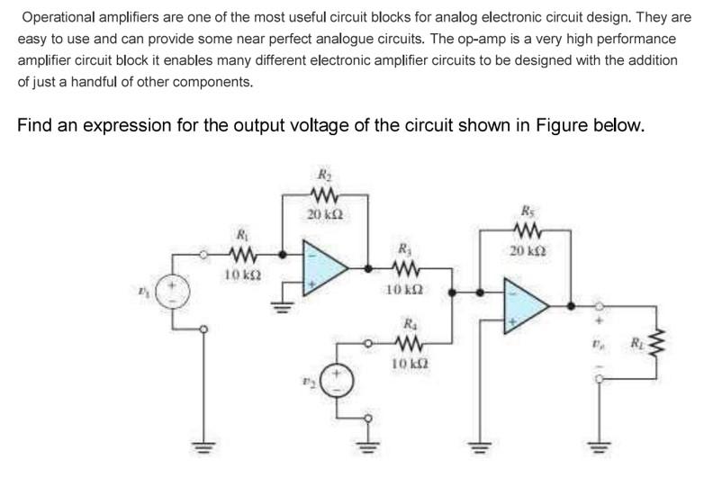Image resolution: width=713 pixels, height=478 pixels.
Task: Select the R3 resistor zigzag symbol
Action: (402, 269)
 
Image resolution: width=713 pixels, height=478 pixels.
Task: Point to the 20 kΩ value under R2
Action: (321, 213)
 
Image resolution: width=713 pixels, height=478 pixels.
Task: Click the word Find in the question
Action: (37, 124)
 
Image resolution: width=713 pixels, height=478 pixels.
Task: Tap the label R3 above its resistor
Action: (402, 248)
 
